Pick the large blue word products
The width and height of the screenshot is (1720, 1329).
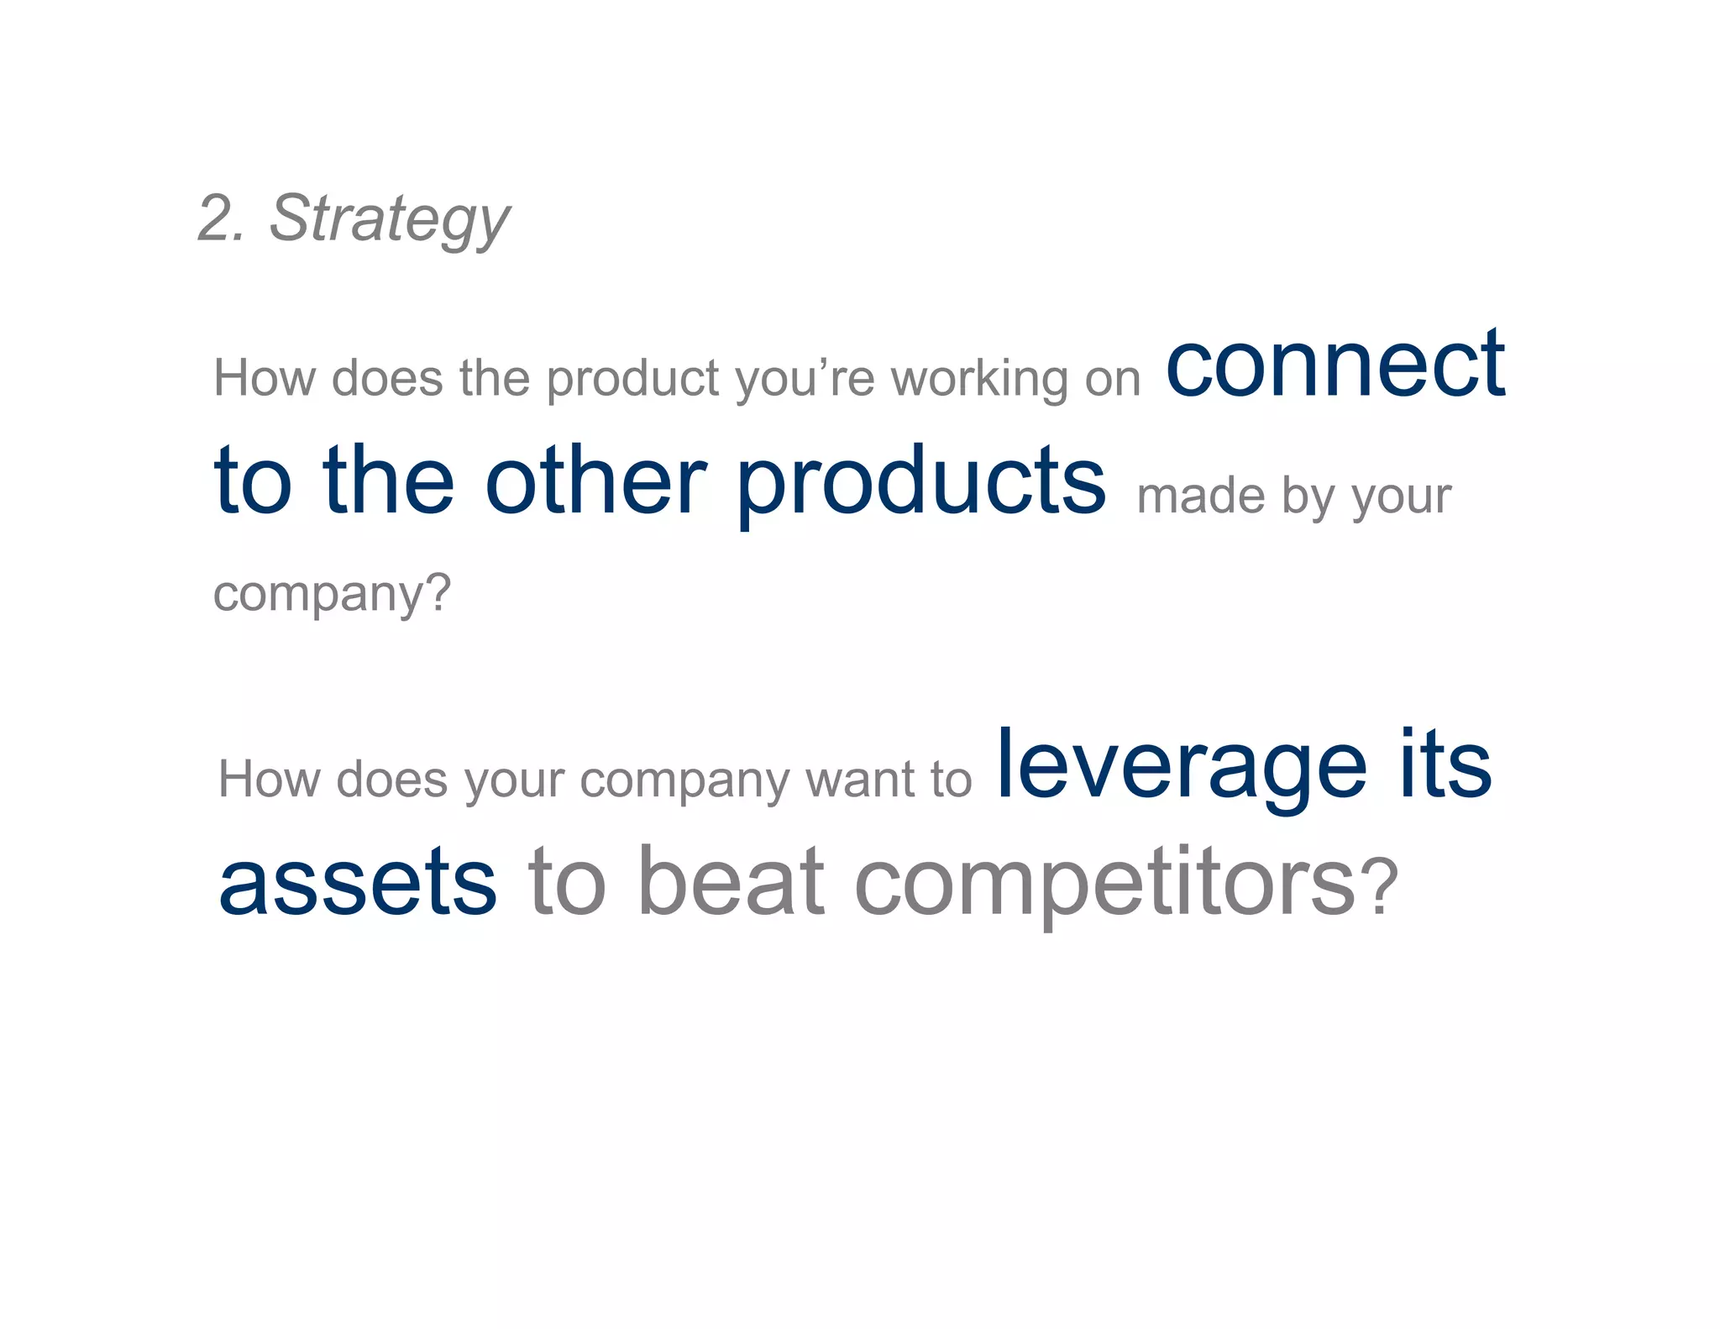(x=921, y=483)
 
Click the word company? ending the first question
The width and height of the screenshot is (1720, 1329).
(x=332, y=595)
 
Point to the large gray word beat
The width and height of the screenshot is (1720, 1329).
(x=731, y=881)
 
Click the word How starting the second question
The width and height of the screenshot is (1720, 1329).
(x=269, y=779)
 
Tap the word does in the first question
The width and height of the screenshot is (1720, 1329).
(x=386, y=378)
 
